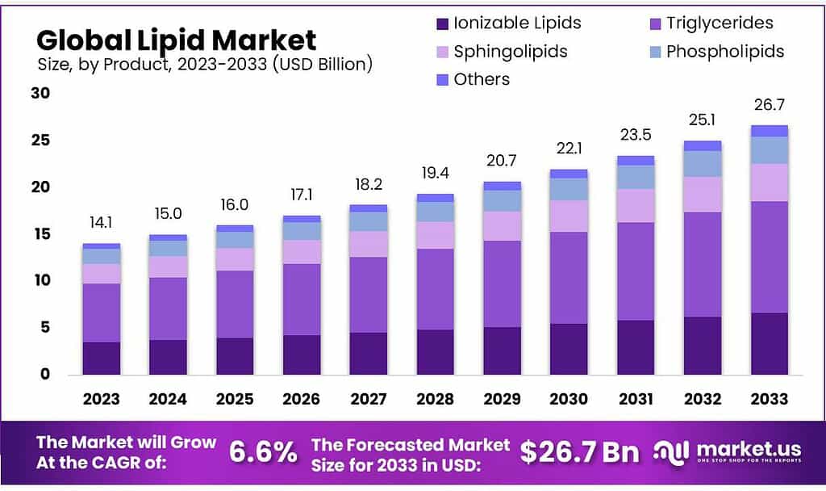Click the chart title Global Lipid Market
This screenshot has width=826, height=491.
point(177,40)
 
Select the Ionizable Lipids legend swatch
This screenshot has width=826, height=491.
point(442,23)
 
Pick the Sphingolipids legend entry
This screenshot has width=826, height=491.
point(511,52)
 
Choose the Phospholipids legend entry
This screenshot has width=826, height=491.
point(724,52)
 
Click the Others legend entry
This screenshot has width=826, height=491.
point(482,79)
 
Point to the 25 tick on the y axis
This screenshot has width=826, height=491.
point(40,141)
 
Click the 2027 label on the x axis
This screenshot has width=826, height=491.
point(367,398)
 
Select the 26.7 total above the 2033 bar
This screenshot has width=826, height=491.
point(769,105)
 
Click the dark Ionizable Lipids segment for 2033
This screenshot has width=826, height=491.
point(769,343)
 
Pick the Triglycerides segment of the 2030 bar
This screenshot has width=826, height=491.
point(569,277)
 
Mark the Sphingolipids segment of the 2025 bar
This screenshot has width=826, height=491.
point(234,259)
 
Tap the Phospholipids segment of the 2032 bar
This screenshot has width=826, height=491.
point(702,164)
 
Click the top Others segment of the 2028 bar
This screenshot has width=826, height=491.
point(436,198)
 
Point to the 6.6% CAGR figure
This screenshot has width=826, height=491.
point(263,452)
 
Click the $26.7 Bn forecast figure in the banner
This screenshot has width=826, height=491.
point(579,452)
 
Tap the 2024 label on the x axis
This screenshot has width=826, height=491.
point(168,398)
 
